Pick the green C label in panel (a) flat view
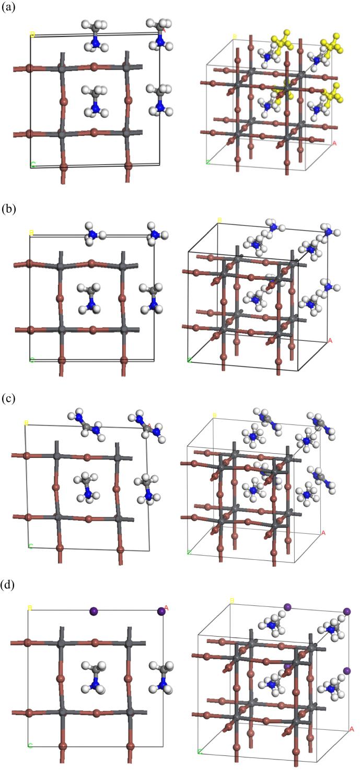pyautogui.click(x=33, y=165)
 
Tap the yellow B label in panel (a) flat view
pyautogui.click(x=32, y=34)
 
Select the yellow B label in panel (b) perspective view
pyautogui.click(x=219, y=220)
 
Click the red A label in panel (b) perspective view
pyautogui.click(x=330, y=341)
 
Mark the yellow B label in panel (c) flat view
pyautogui.click(x=27, y=423)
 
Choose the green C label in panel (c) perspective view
pyautogui.click(x=189, y=551)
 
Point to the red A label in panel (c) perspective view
pyautogui.click(x=323, y=533)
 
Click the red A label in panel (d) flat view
pyautogui.click(x=166, y=608)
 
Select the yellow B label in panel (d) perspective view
pyautogui.click(x=231, y=601)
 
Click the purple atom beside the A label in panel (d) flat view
pyautogui.click(x=161, y=611)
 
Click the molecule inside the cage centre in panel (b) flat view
pyautogui.click(x=90, y=298)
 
